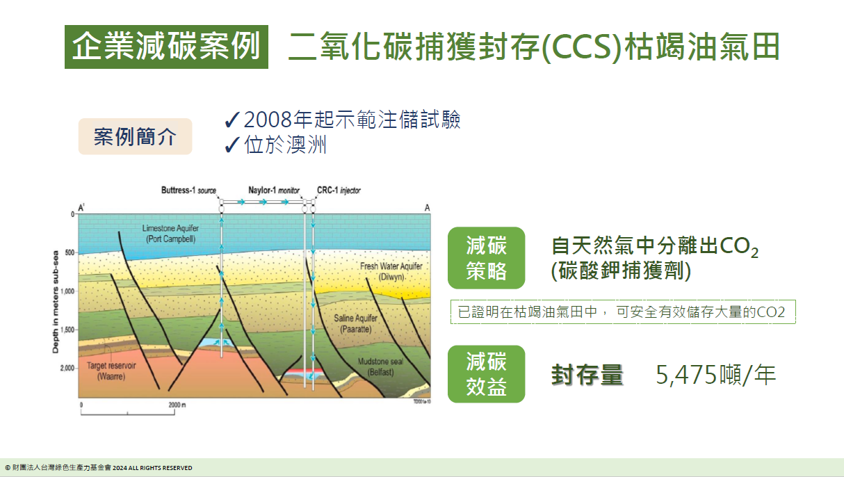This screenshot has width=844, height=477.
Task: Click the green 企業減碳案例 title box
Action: [x=167, y=47]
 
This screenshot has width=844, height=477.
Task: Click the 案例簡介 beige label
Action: [x=135, y=136]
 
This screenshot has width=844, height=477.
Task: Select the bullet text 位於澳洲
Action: [x=285, y=145]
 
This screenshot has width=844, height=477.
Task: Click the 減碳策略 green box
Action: [x=486, y=257]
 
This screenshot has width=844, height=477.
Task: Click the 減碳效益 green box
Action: [x=486, y=374]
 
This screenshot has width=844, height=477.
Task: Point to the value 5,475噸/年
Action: [x=715, y=375]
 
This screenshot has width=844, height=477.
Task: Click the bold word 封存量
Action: [x=587, y=375]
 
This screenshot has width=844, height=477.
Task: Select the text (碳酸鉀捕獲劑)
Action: [x=621, y=271]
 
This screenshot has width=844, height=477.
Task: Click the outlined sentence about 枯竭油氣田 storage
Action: [x=622, y=312]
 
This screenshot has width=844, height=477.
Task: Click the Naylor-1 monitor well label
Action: [x=274, y=190]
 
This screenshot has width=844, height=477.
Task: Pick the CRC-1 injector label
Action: [x=339, y=190]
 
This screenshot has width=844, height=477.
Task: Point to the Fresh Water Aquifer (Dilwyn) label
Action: [x=391, y=271]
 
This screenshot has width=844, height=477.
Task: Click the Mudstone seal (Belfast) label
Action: [x=380, y=366]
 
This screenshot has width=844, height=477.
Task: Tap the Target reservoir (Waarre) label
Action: [x=111, y=370]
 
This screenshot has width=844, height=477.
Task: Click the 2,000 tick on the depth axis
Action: [x=67, y=368]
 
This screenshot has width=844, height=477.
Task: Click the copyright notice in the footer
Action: [x=99, y=468]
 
